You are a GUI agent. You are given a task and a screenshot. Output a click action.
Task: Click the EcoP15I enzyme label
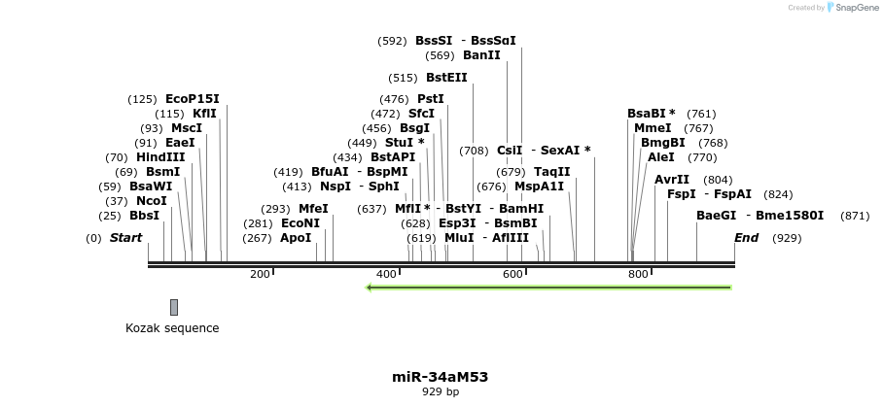click(x=193, y=99)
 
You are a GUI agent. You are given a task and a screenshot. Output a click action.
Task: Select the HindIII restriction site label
click(x=160, y=157)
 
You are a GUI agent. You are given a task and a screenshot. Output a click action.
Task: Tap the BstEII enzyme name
click(x=446, y=78)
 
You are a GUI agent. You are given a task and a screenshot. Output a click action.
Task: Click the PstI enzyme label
click(x=430, y=99)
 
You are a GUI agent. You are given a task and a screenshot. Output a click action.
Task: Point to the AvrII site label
click(x=672, y=180)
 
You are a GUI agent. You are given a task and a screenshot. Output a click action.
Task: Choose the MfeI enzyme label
click(x=313, y=209)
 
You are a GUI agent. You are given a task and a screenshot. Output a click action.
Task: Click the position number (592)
click(x=392, y=41)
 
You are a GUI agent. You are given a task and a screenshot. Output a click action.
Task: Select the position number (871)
click(x=855, y=216)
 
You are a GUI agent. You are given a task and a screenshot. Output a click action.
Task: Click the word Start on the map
click(x=125, y=238)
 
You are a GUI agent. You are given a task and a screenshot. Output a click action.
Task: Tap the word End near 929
click(x=746, y=238)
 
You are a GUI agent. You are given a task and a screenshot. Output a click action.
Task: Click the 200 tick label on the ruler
click(x=259, y=275)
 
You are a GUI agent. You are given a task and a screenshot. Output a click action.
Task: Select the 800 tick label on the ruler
click(x=638, y=275)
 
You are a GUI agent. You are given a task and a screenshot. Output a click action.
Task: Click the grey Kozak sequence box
click(x=174, y=307)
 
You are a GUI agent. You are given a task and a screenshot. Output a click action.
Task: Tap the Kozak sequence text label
click(x=172, y=328)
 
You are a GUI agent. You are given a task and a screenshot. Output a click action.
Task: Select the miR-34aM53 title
click(x=441, y=376)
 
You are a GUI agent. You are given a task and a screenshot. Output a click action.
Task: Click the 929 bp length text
click(x=441, y=392)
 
